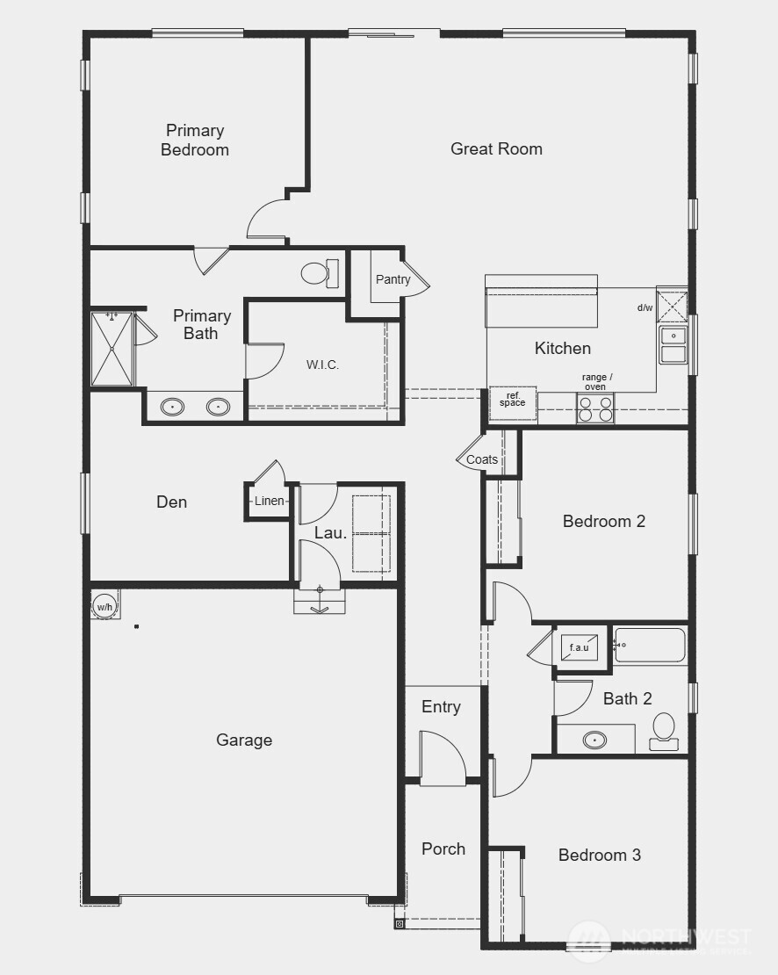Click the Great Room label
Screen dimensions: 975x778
coord(496,148)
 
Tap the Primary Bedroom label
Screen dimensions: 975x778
coord(195,140)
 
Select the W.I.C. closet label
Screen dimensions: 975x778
coord(322,365)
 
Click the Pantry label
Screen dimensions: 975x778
coord(393,279)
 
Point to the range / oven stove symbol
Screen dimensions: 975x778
coord(594,407)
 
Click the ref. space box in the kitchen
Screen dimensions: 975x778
coord(513,401)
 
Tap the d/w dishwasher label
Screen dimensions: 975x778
coord(645,307)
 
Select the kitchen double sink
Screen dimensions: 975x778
coord(674,345)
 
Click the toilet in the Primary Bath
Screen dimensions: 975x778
coord(319,273)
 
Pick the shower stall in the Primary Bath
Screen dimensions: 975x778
coord(112,349)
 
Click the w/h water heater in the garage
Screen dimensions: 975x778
coord(104,606)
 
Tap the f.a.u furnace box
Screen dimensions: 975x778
coord(580,648)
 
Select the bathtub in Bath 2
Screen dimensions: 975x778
coord(650,645)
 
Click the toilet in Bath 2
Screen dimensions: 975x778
coord(664,732)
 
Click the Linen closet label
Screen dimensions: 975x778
coord(270,501)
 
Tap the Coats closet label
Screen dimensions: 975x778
coord(482,459)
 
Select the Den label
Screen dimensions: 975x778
coord(171,502)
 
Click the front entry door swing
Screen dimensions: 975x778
coord(442,757)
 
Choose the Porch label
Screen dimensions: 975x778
coord(443,849)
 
